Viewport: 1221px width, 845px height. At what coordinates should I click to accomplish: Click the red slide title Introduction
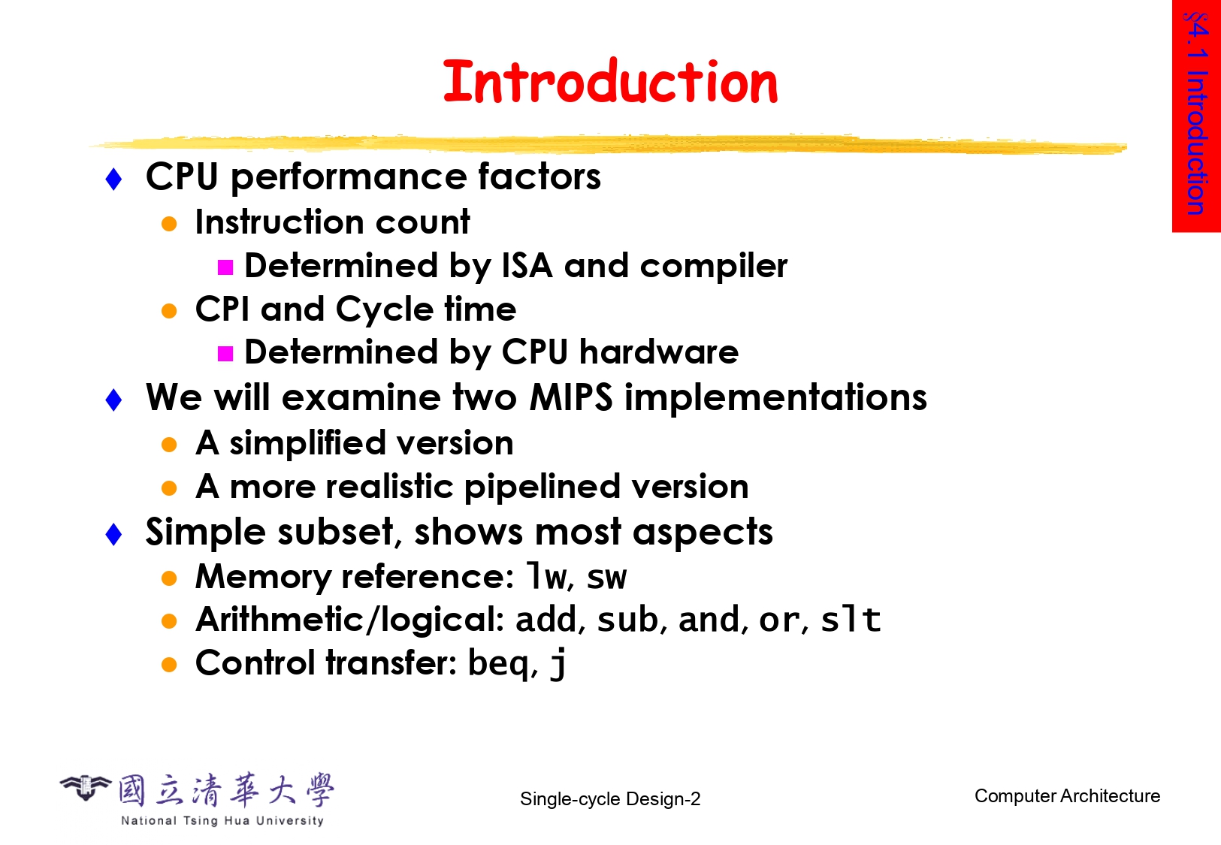pyautogui.click(x=610, y=82)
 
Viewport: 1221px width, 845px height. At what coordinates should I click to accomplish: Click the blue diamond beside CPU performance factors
pyautogui.click(x=113, y=180)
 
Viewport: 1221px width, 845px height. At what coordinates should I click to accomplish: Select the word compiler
pyautogui.click(x=714, y=267)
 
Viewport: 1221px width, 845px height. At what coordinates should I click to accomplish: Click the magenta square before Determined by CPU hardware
pyautogui.click(x=225, y=354)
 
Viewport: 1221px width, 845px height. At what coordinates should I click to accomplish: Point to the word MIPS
pyautogui.click(x=571, y=397)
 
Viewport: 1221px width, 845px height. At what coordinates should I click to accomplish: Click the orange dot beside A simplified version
pyautogui.click(x=169, y=445)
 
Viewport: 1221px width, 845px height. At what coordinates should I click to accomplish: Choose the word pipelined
pyautogui.click(x=542, y=487)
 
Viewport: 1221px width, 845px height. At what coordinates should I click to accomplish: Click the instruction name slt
pyautogui.click(x=851, y=620)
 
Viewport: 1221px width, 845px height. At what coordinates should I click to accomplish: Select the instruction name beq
pyautogui.click(x=498, y=664)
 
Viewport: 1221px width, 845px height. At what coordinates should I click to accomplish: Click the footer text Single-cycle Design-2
pyautogui.click(x=610, y=798)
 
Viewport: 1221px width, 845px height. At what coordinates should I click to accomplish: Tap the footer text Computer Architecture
pyautogui.click(x=1067, y=796)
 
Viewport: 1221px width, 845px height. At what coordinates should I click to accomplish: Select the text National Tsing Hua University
pyautogui.click(x=222, y=820)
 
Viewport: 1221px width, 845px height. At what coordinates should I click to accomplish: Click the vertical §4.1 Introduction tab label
pyautogui.click(x=1196, y=113)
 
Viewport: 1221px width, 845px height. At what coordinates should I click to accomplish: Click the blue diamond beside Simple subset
pyautogui.click(x=113, y=534)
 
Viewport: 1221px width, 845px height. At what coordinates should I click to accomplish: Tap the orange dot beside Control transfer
pyautogui.click(x=169, y=665)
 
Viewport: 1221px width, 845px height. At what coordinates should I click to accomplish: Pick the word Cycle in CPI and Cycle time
pyautogui.click(x=384, y=310)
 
